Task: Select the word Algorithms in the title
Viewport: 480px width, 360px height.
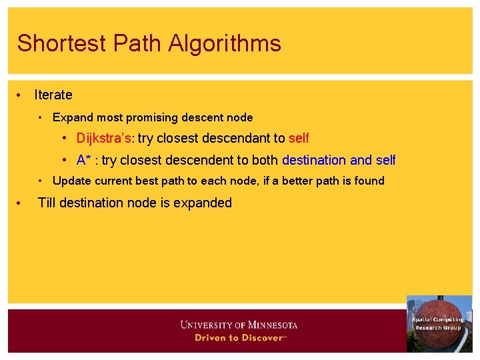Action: click(x=225, y=44)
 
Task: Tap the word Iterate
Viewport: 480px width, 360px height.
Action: click(x=53, y=95)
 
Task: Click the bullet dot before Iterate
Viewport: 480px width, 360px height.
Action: click(x=20, y=95)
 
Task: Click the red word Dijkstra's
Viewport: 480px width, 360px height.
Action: click(x=104, y=139)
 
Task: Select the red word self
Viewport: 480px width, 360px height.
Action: click(x=299, y=139)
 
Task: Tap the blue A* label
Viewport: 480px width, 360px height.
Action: click(x=84, y=160)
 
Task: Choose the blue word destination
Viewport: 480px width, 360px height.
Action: click(x=314, y=160)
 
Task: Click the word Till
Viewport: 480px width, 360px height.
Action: click(x=47, y=203)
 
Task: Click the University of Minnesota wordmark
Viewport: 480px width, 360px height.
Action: click(x=239, y=325)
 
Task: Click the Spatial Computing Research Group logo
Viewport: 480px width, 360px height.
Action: click(x=439, y=323)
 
